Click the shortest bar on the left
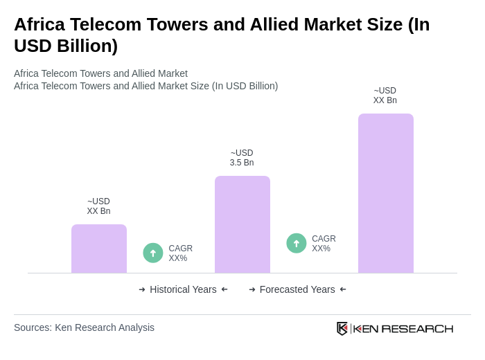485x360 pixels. [99, 249]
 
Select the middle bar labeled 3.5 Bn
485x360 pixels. [242, 224]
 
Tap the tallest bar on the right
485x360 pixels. [386, 193]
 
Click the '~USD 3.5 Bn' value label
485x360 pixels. [242, 158]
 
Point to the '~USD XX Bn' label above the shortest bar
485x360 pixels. [98, 206]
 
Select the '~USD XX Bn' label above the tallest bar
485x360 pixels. [385, 96]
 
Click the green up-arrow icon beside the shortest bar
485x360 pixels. [153, 253]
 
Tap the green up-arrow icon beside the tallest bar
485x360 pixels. [297, 243]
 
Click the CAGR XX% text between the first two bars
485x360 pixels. [180, 253]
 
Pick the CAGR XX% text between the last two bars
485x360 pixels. [324, 244]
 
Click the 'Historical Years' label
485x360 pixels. [183, 289]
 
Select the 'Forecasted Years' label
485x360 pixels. [297, 289]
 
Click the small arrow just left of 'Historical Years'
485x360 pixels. [142, 289]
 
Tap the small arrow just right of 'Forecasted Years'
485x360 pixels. [343, 289]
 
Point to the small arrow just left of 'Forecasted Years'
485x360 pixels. [252, 289]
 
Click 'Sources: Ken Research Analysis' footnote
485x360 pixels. [84, 327]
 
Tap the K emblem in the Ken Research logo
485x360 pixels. [342, 328]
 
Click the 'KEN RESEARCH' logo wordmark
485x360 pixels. [403, 328]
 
